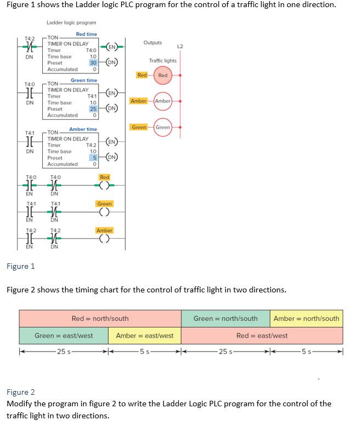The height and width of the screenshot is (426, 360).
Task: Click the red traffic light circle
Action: [x=163, y=75]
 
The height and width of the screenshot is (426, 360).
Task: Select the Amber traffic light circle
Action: [x=163, y=101]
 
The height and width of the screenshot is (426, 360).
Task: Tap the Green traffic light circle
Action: [x=163, y=128]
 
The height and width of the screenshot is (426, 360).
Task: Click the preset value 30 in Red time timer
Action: [x=93, y=63]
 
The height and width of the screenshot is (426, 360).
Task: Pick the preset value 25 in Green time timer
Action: [x=93, y=109]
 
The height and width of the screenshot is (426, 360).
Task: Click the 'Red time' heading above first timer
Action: [x=87, y=34]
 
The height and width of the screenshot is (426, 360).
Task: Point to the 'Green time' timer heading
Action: [x=84, y=80]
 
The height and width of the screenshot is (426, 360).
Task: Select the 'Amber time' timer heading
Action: [x=83, y=129]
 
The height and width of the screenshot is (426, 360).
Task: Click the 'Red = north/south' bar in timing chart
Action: [x=100, y=319]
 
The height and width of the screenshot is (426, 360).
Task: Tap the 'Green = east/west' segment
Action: [x=64, y=336]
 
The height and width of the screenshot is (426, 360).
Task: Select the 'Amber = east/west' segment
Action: [x=145, y=336]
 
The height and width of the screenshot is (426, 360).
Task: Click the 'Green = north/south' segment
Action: [x=225, y=319]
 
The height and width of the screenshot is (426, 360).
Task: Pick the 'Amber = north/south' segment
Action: [x=306, y=319]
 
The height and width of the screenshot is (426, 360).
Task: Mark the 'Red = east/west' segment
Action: [x=262, y=336]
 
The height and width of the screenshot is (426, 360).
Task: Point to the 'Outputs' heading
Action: [x=153, y=43]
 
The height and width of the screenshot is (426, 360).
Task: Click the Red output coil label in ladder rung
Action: [x=105, y=177]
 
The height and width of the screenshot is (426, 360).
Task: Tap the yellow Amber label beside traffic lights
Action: [x=139, y=101]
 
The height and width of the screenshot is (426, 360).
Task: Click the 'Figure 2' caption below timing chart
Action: [x=20, y=392]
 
